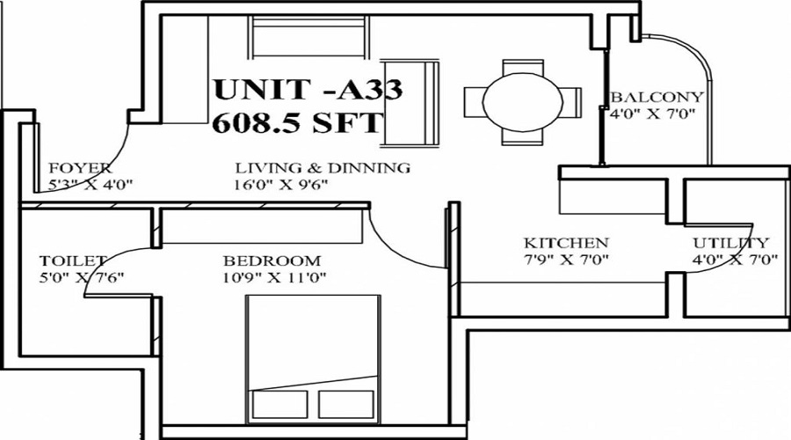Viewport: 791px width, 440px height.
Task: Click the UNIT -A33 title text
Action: tap(308, 89)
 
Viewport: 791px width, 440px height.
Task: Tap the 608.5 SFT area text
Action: tap(297, 122)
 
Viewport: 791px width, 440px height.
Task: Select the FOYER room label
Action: tap(80, 168)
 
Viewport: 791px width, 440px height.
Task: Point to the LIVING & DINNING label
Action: tap(323, 168)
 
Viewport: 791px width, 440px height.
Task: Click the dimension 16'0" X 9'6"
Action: tap(281, 185)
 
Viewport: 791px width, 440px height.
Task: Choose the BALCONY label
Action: tap(657, 97)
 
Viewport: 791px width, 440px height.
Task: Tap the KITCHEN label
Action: tap(567, 243)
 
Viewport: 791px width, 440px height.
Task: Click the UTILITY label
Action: tap(731, 243)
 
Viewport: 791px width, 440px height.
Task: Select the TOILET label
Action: tap(73, 261)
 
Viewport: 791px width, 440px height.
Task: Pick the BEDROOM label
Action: tap(272, 261)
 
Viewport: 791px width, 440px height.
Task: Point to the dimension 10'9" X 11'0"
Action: tap(275, 277)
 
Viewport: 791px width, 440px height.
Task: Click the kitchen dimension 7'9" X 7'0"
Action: tap(567, 260)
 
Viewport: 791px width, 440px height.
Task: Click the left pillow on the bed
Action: tap(279, 404)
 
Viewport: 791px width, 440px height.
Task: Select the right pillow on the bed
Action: tap(346, 404)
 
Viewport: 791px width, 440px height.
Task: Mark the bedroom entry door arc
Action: tap(395, 248)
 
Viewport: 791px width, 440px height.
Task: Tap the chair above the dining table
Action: tap(523, 68)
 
